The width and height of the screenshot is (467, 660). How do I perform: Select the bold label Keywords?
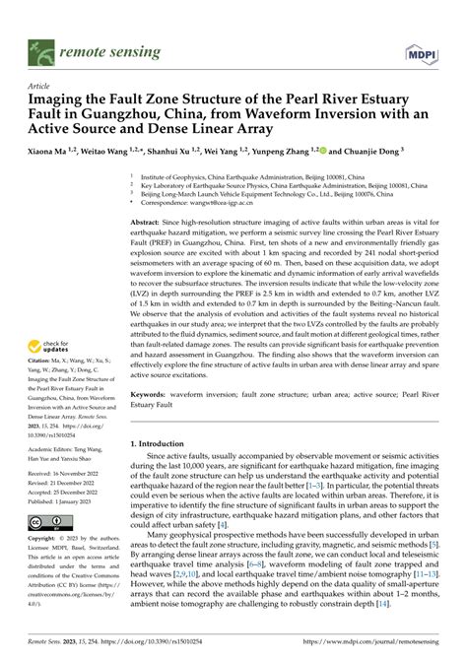(x=152, y=392)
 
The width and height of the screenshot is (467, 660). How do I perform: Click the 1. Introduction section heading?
(x=167, y=444)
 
